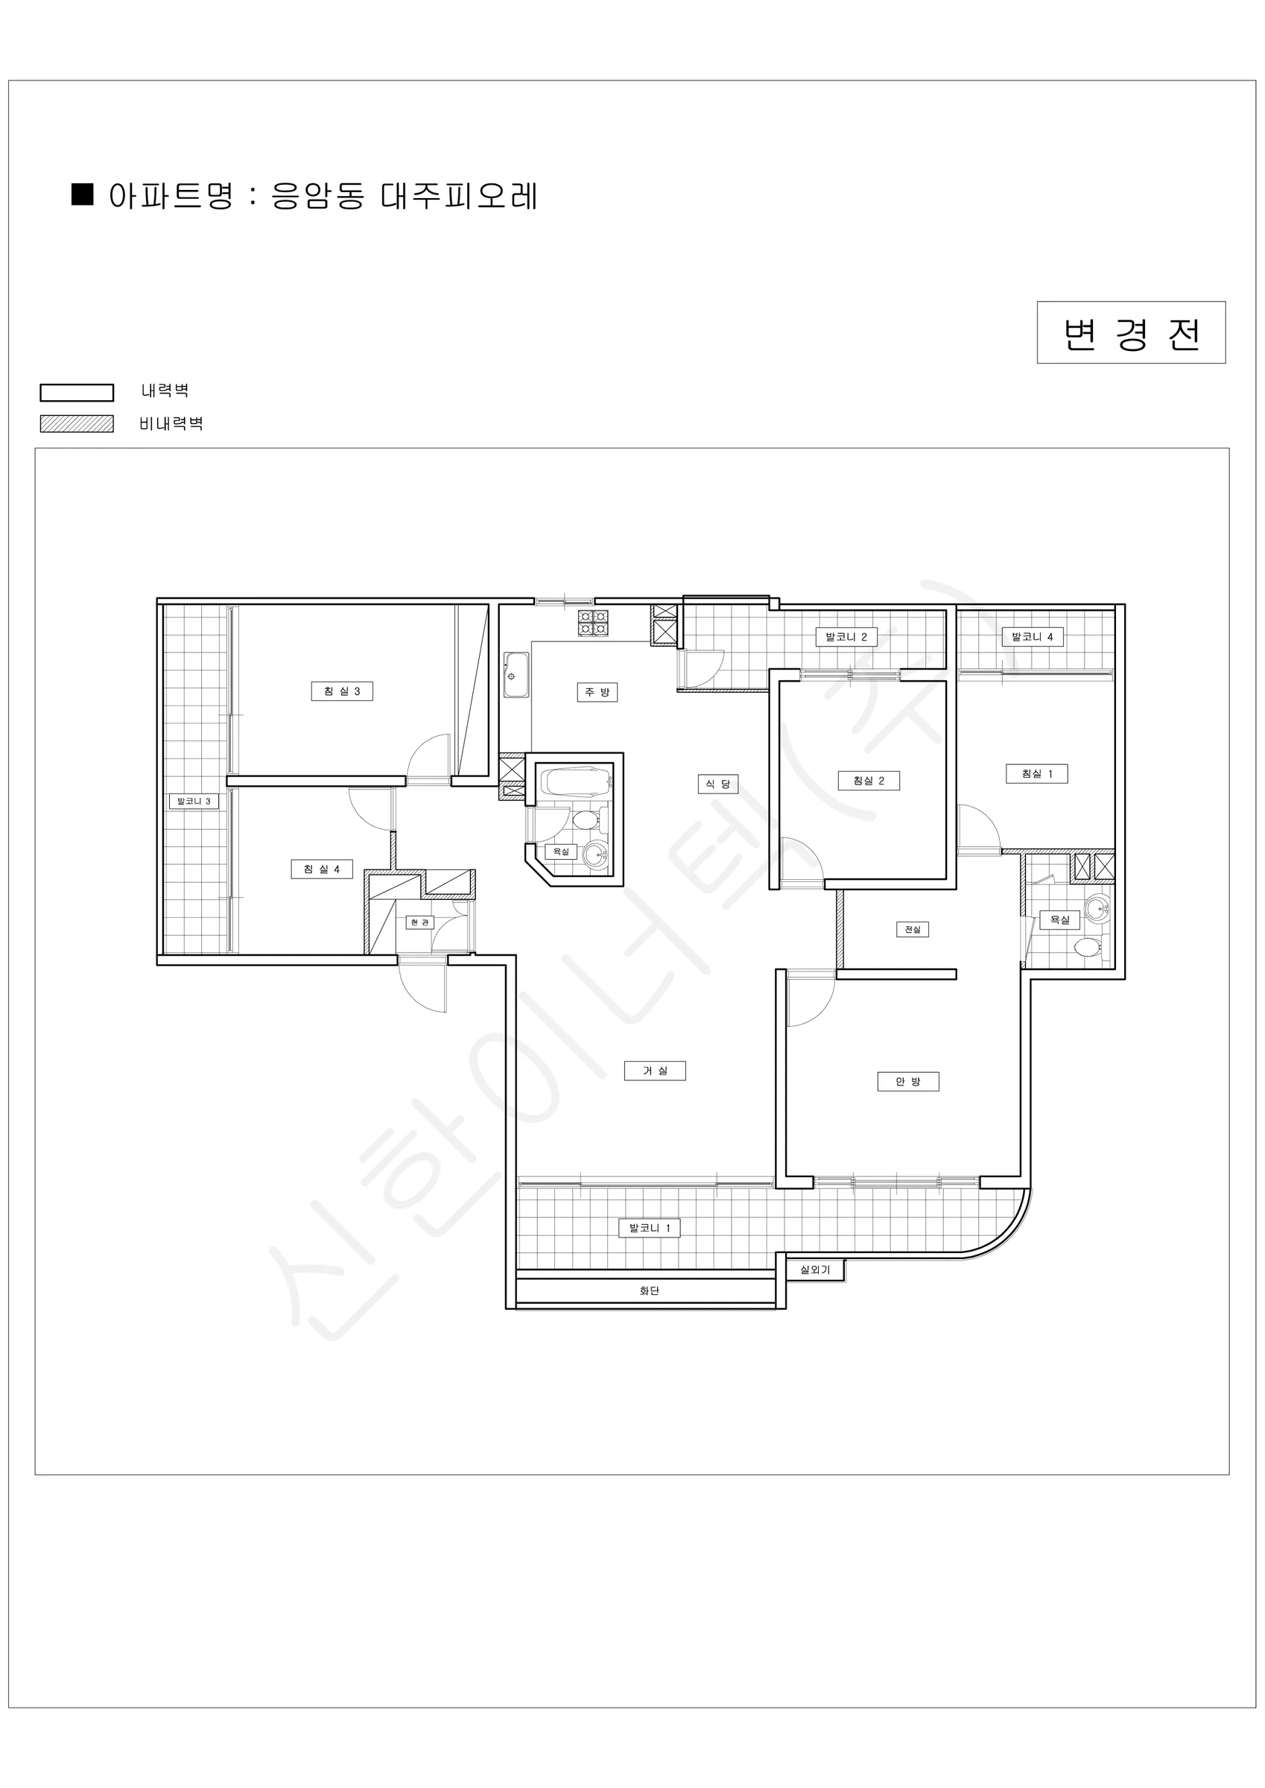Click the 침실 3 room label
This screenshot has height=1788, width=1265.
[x=342, y=691]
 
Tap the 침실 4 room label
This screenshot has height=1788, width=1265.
[x=322, y=869]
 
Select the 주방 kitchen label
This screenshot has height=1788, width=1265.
[x=597, y=691]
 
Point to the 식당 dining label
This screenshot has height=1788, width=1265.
[x=717, y=784]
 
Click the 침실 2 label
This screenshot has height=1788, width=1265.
[x=869, y=780]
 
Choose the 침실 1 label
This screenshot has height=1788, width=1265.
[x=1037, y=773]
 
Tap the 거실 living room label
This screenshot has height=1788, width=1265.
[x=655, y=1071]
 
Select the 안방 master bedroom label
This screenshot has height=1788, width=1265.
[x=908, y=1082]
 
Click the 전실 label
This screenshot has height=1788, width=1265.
[x=912, y=929]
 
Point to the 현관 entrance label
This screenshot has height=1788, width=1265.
[x=420, y=923]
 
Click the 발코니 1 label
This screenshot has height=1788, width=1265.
[x=650, y=1228]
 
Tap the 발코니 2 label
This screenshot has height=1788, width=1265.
[x=847, y=637]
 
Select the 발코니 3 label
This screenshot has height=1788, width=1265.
[x=194, y=801]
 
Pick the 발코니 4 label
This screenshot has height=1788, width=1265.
[x=1032, y=637]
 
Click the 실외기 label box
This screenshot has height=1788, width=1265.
[x=816, y=1269]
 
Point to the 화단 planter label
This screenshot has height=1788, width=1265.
[x=650, y=1290]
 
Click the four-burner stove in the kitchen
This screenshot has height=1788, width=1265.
[x=593, y=621]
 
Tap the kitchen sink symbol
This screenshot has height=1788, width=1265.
[x=516, y=675]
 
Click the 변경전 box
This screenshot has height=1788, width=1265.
[x=1131, y=332]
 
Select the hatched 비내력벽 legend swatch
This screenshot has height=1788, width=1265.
[x=77, y=424]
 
